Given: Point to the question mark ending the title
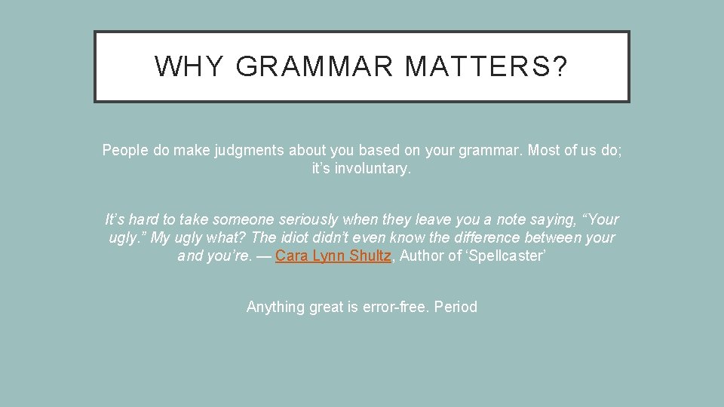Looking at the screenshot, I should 560,67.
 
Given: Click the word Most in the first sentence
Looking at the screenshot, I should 544,150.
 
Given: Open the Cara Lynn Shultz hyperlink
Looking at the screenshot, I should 333,256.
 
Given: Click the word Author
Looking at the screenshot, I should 422,256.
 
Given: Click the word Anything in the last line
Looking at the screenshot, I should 275,307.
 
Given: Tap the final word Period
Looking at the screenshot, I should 456,307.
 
